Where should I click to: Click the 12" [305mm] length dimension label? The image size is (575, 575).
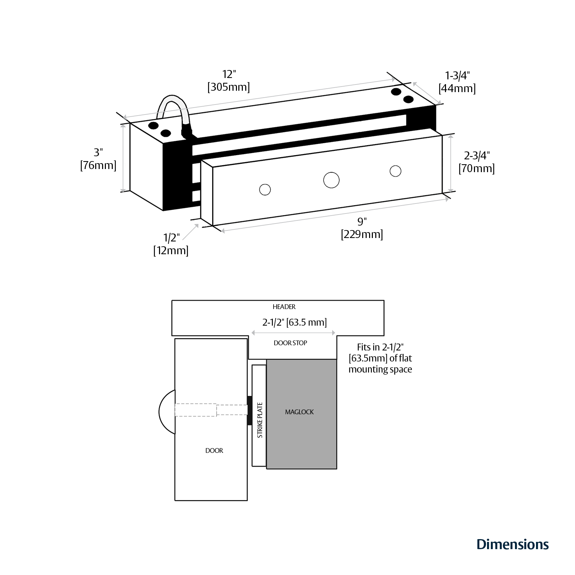pyautogui.click(x=229, y=81)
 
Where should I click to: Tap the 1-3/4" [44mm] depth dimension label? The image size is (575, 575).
pyautogui.click(x=457, y=82)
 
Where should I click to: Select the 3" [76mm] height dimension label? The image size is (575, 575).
pyautogui.click(x=98, y=159)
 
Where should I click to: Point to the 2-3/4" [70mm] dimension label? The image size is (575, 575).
pyautogui.click(x=476, y=162)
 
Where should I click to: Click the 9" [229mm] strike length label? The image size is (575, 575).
pyautogui.click(x=362, y=228)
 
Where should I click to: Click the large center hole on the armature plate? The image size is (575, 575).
pyautogui.click(x=331, y=180)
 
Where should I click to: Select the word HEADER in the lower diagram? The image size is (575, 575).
pyautogui.click(x=284, y=307)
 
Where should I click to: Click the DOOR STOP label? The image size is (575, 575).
pyautogui.click(x=290, y=343)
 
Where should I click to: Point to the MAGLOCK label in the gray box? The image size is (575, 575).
pyautogui.click(x=299, y=412)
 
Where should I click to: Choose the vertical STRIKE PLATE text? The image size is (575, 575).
pyautogui.click(x=260, y=420)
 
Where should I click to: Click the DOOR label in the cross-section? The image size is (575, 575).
pyautogui.click(x=214, y=450)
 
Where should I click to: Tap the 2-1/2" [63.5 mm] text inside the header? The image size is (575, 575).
pyautogui.click(x=294, y=322)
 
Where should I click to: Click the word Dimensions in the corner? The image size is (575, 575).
pyautogui.click(x=512, y=544)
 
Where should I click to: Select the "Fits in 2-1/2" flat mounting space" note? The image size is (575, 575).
pyautogui.click(x=380, y=358)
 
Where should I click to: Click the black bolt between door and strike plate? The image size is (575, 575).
pyautogui.click(x=249, y=410)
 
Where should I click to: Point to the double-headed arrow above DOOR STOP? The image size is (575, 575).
pyautogui.click(x=293, y=333)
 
